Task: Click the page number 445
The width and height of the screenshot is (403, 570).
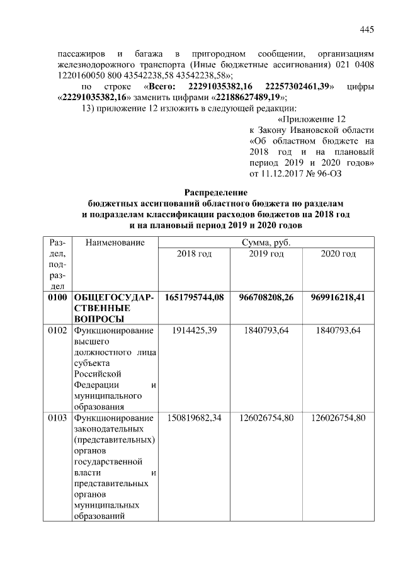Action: point(367,29)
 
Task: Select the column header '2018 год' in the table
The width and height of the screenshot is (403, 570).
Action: point(194,254)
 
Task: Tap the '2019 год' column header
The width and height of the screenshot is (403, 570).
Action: point(266,254)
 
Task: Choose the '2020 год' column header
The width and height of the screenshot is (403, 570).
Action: point(338,254)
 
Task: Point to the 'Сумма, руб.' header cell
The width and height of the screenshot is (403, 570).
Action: point(266,242)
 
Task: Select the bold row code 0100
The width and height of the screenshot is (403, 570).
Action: point(56,297)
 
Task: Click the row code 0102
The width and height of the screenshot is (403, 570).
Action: point(56,331)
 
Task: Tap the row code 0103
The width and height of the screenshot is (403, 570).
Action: point(56,418)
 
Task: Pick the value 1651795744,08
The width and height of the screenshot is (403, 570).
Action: point(194,297)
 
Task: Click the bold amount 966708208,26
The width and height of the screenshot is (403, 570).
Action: point(266,297)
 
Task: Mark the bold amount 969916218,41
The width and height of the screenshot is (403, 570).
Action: point(338,297)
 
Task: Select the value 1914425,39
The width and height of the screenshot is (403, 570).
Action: point(194,331)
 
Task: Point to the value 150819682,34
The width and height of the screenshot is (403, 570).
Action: point(194,418)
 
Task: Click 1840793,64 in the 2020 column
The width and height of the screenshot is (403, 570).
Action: point(338,331)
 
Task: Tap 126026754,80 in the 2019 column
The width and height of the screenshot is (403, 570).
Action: point(266,418)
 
